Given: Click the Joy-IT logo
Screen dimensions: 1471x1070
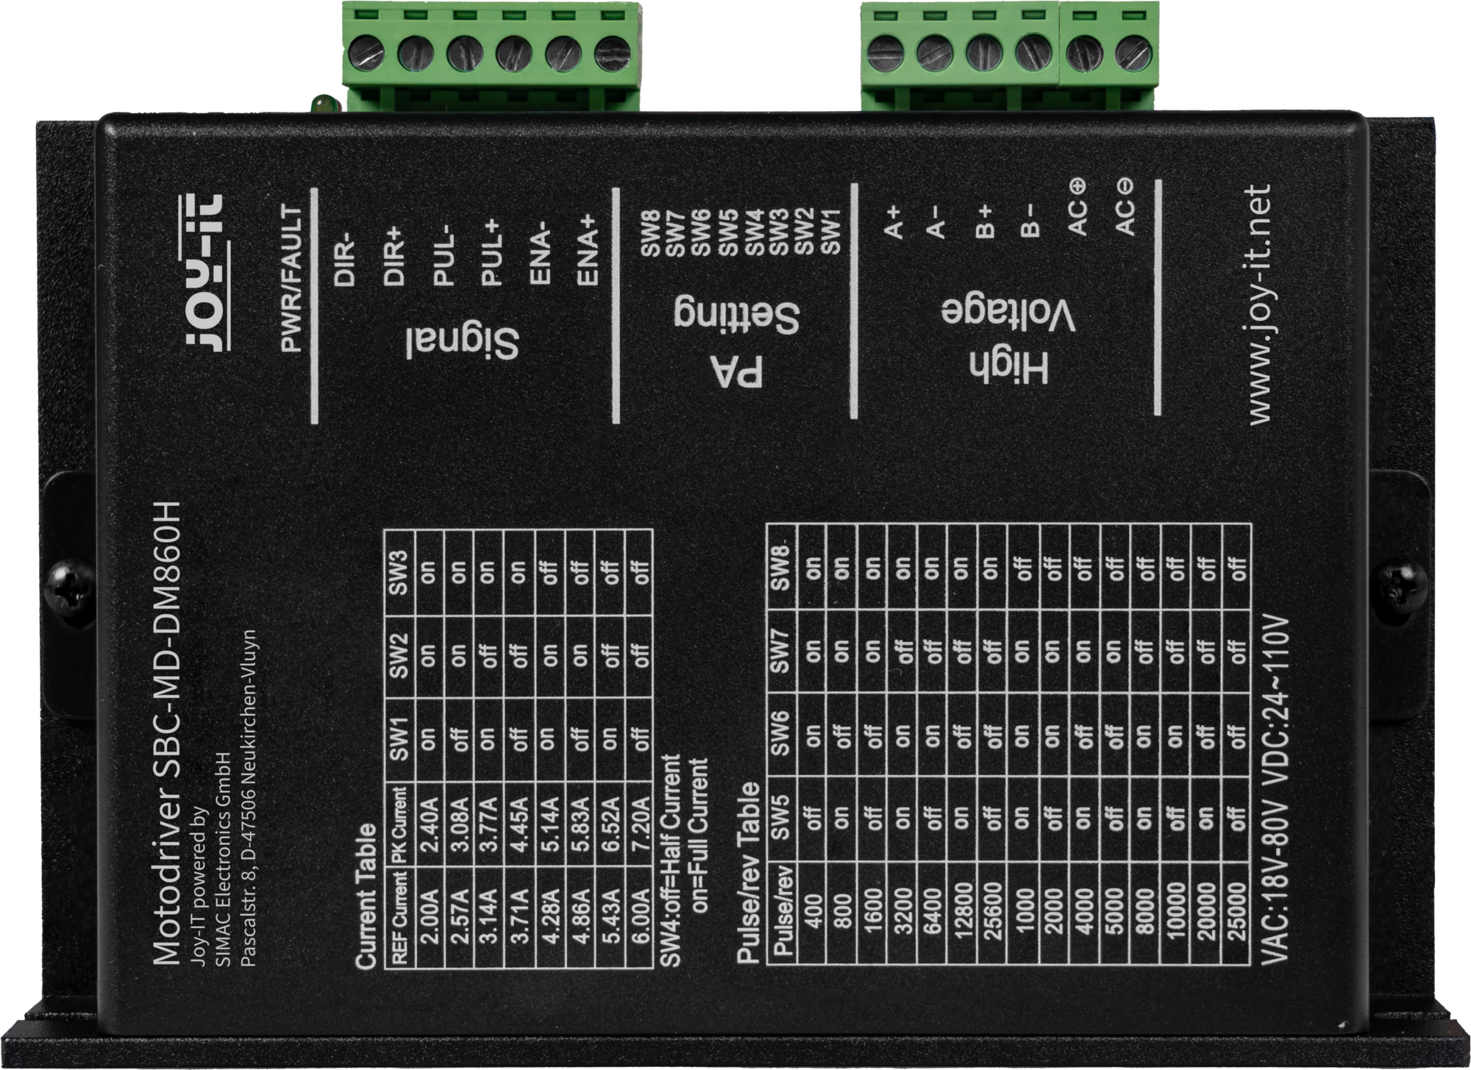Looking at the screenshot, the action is pos(204,271).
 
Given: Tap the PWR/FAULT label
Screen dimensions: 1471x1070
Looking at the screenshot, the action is pos(293,278).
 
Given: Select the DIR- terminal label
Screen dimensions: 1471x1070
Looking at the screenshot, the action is pos(344,263).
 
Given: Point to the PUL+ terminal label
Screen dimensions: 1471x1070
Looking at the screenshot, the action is pos(491,252).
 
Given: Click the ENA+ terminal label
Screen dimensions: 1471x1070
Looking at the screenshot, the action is pos(588,252).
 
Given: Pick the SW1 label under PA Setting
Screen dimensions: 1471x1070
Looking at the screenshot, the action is pos(830,232).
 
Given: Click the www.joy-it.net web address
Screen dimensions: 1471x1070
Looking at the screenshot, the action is pos(1259,304).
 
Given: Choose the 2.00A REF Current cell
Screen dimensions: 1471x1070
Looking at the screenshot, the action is pos(431,916).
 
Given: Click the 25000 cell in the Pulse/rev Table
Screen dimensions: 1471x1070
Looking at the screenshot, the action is pos(1236,912).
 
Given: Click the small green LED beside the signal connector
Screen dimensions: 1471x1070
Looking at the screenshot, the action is pos(321,104).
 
